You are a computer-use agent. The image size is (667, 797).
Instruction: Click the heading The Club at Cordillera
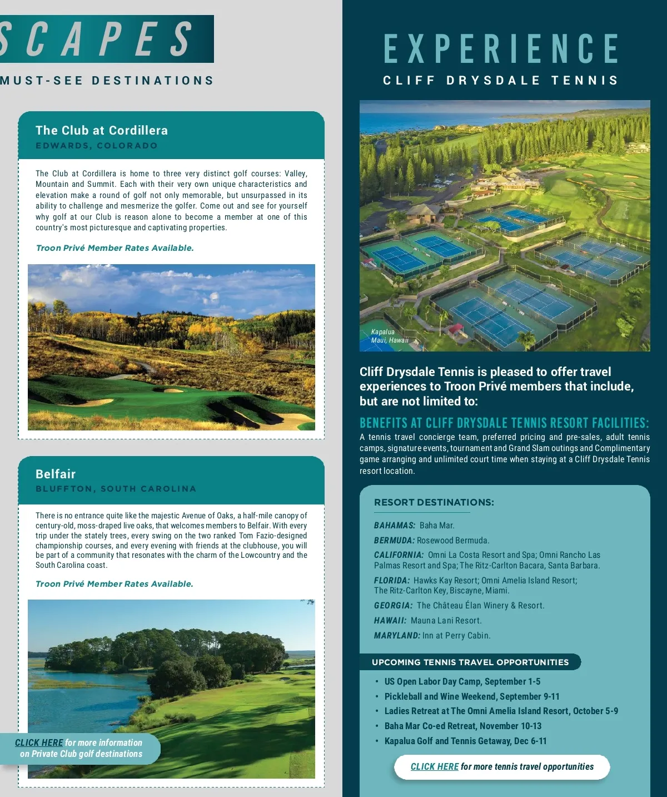click(x=101, y=131)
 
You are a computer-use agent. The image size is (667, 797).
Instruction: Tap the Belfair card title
click(x=56, y=474)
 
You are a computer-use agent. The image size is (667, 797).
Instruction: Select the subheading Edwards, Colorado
click(x=97, y=146)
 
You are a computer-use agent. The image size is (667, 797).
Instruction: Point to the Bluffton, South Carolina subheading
click(x=116, y=489)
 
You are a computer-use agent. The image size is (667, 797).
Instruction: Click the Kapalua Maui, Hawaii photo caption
click(x=389, y=336)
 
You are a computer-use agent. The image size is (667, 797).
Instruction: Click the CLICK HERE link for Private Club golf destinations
click(x=39, y=742)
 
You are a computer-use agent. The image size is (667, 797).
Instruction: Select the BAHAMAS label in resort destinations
click(x=395, y=526)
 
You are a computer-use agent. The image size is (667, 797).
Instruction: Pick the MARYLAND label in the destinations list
click(x=397, y=636)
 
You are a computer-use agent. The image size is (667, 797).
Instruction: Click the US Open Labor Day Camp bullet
click(x=462, y=681)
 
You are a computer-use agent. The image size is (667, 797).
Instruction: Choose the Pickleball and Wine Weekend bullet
click(x=472, y=696)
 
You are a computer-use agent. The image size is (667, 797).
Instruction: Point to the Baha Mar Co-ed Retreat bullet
click(x=462, y=726)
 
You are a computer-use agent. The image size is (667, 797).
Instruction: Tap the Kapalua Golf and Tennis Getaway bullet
click(x=465, y=741)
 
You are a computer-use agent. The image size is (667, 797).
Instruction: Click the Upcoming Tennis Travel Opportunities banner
click(x=470, y=662)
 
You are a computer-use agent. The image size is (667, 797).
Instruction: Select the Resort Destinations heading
click(x=434, y=502)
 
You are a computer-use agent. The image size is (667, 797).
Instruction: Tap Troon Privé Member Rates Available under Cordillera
click(x=115, y=248)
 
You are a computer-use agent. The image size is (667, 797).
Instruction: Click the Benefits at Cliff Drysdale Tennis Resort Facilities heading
click(x=504, y=423)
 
